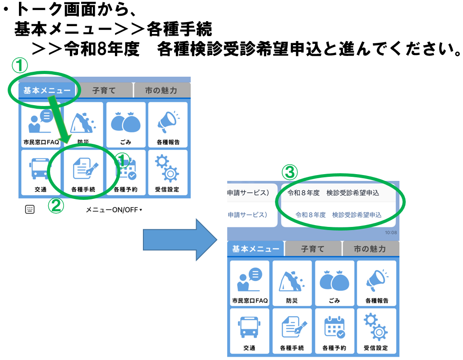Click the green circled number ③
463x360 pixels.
pyautogui.click(x=290, y=172)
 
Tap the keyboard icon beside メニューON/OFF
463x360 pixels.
pyautogui.click(x=30, y=209)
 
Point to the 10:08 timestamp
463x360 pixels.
pyautogui.click(x=391, y=233)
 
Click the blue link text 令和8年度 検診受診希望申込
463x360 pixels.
pyautogui.click(x=338, y=215)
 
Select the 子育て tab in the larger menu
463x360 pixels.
pyautogui.click(x=312, y=249)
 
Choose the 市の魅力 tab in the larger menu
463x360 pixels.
pyautogui.click(x=370, y=249)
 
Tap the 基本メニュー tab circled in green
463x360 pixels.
pyautogui.click(x=47, y=90)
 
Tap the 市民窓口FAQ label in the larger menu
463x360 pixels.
pyautogui.click(x=250, y=300)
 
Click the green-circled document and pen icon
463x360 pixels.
pyautogui.click(x=84, y=170)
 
